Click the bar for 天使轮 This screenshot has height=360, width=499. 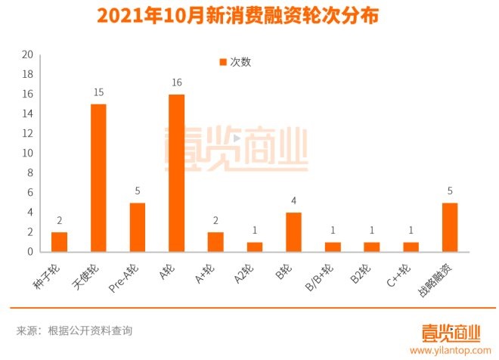click(98, 178)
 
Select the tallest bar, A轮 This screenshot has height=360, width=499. click(176, 173)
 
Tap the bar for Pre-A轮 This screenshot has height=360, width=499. click(137, 227)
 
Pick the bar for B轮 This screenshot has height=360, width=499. click(293, 231)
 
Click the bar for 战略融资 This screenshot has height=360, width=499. click(450, 227)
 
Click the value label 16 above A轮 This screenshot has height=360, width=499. click(176, 82)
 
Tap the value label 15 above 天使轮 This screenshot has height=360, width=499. click(98, 92)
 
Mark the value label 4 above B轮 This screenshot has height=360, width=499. click(293, 200)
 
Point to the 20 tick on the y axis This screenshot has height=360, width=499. click(27, 54)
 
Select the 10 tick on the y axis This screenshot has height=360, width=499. click(27, 153)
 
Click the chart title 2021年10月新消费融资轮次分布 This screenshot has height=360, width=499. click(249, 15)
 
